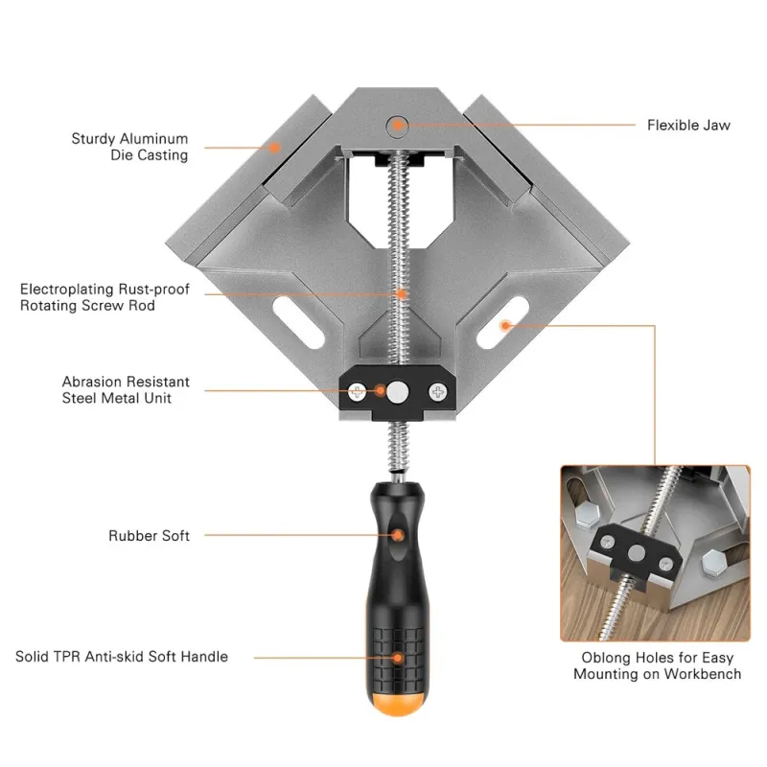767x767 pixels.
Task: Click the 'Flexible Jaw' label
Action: click(x=688, y=126)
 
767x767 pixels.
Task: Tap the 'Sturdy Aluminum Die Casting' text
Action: click(x=129, y=147)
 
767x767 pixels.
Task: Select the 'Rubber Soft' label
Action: click(x=149, y=536)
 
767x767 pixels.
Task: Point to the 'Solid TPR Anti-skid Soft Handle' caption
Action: click(x=122, y=657)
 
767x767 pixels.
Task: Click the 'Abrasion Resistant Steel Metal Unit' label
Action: click(x=126, y=390)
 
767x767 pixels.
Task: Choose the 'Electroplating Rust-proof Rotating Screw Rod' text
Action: click(x=105, y=297)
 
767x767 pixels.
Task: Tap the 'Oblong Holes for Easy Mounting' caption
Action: click(x=658, y=665)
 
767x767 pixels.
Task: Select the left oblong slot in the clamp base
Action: click(x=298, y=322)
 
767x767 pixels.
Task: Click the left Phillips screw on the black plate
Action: click(x=357, y=392)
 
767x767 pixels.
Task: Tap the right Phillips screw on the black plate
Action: click(x=438, y=392)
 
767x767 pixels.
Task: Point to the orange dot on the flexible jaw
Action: click(x=399, y=126)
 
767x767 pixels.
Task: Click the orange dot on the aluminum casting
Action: click(x=275, y=148)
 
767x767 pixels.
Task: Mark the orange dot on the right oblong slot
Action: click(x=505, y=325)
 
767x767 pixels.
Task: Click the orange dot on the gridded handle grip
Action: click(x=399, y=658)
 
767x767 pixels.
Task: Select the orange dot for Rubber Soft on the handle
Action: click(x=398, y=535)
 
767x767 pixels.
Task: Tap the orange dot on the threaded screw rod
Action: click(x=401, y=294)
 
